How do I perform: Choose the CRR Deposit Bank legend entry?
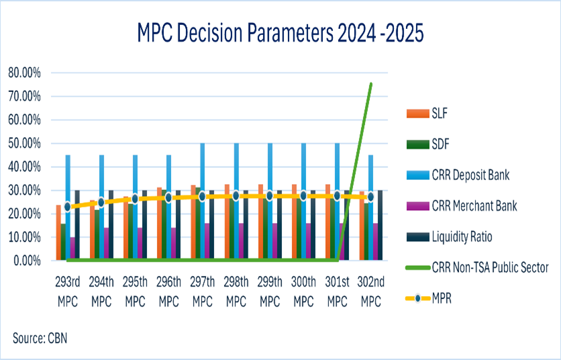[x=458, y=175]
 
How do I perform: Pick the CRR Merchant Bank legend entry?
[x=462, y=206]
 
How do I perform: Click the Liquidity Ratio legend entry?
[x=450, y=237]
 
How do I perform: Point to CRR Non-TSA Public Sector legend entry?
[x=477, y=267]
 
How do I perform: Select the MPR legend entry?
[x=429, y=298]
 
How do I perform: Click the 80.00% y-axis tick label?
[x=24, y=73]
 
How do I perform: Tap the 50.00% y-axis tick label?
[x=24, y=143]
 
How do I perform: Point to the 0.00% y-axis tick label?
[x=28, y=261]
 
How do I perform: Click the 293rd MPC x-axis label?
[x=68, y=291]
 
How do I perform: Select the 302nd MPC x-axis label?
[x=371, y=291]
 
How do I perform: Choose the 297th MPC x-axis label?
[x=203, y=291]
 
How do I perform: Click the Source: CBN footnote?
[x=40, y=338]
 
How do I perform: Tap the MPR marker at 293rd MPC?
[x=67, y=207]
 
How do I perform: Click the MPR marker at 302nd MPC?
[x=370, y=197]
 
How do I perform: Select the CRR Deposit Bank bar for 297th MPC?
[x=203, y=201]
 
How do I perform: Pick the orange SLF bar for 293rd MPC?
[x=58, y=232]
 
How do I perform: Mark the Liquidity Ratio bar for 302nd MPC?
[x=380, y=224]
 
